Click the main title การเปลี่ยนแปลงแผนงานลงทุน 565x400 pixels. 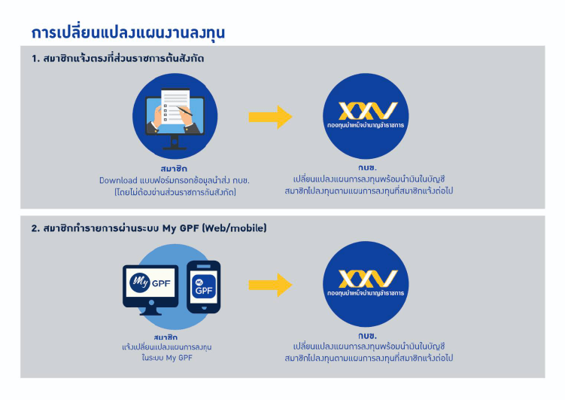(128, 33)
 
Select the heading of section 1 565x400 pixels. (117, 59)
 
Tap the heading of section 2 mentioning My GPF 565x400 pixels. (149, 228)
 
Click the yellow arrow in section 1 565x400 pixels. (270, 117)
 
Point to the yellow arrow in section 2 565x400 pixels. (270, 285)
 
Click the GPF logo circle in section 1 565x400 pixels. (366, 116)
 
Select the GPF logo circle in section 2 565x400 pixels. (366, 284)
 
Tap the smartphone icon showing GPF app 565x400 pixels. (204, 287)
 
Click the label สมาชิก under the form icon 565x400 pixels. (174, 169)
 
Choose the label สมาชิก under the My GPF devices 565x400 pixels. (166, 337)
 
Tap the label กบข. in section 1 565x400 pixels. (367, 168)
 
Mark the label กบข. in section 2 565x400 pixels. (367, 336)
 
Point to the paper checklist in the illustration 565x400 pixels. (175, 107)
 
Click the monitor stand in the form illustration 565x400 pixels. (175, 142)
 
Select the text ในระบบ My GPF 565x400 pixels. (167, 358)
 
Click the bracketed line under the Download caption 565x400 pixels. (175, 192)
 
